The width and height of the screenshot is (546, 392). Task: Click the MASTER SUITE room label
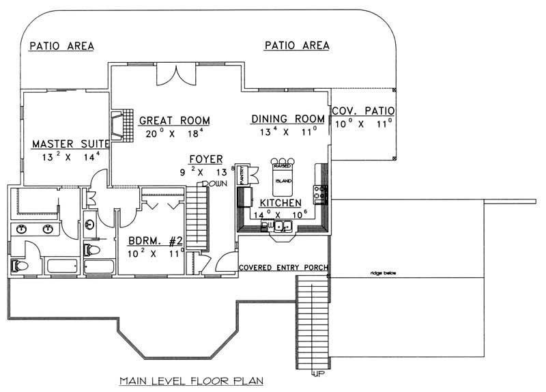pos(71,144)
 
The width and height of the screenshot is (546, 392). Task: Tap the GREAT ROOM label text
pos(174,120)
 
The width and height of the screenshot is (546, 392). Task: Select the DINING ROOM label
pos(287,119)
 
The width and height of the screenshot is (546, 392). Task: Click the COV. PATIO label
pos(362,111)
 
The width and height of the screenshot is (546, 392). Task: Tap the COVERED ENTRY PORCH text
pos(283,267)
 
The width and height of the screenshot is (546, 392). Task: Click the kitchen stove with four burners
pos(320,193)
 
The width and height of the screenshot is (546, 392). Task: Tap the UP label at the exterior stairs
pos(319,374)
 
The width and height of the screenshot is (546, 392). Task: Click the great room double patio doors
pos(176,74)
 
